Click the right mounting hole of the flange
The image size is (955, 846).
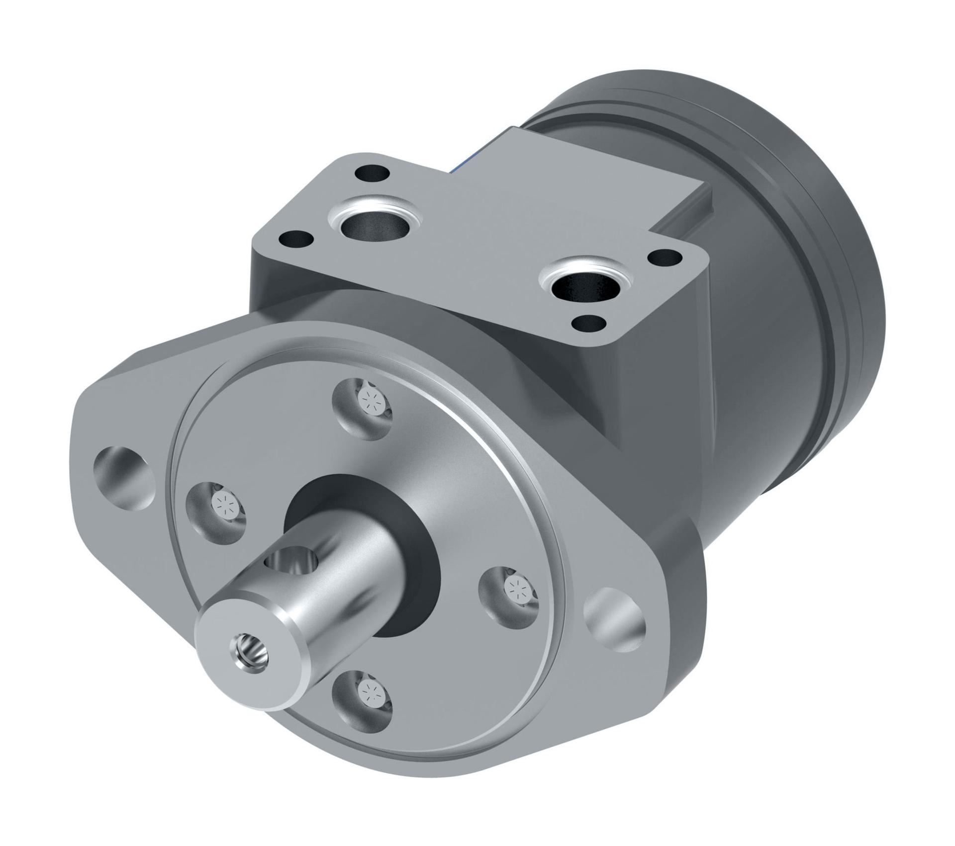click(x=615, y=617)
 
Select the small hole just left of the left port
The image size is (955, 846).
click(x=296, y=240)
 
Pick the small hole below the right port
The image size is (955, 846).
click(x=590, y=324)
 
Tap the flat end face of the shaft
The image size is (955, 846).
click(x=249, y=651)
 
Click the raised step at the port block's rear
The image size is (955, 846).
click(x=686, y=209)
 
